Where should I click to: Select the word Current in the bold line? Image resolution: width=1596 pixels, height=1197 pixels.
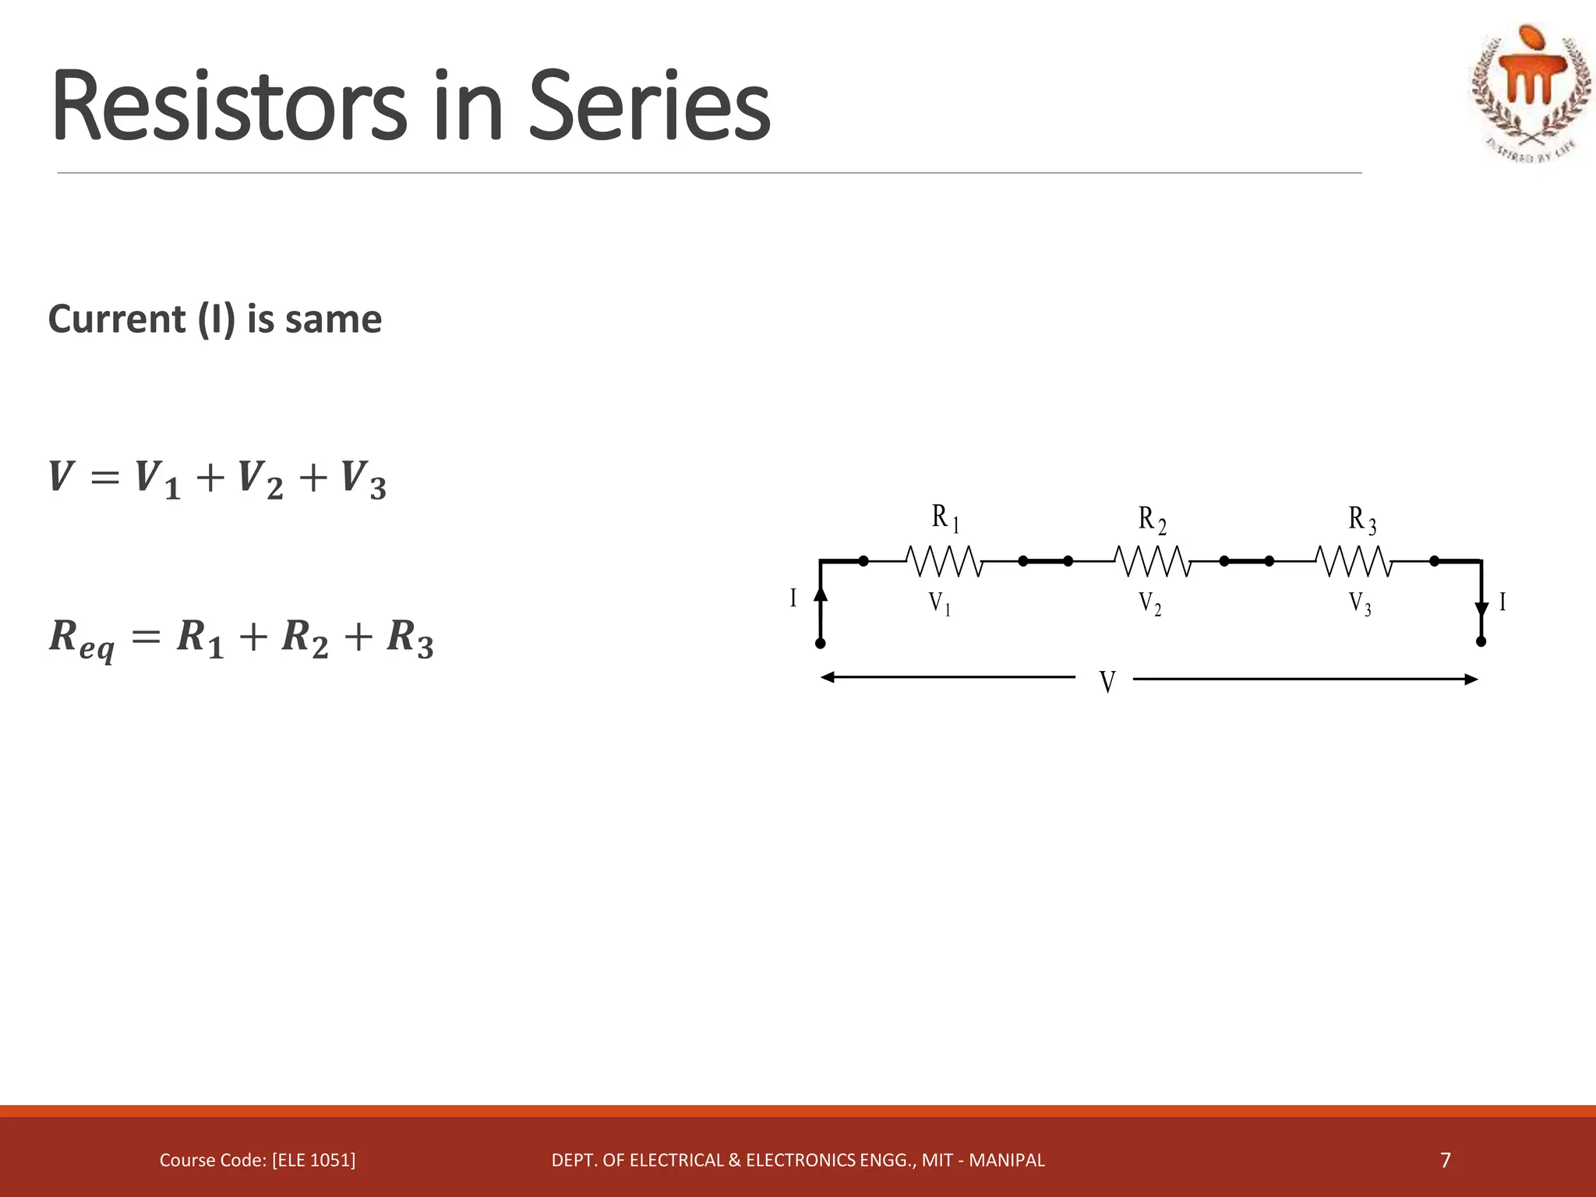coord(116,320)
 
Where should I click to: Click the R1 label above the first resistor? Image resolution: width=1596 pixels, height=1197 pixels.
coord(945,518)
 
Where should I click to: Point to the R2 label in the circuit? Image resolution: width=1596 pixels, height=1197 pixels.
coord(1152,520)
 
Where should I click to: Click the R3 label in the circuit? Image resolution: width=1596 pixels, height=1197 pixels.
coord(1362,520)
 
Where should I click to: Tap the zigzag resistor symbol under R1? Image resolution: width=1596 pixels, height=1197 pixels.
coord(944,561)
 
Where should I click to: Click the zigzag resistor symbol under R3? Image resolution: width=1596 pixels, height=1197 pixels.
coord(1354,561)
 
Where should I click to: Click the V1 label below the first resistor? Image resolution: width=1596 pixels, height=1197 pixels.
coord(939,604)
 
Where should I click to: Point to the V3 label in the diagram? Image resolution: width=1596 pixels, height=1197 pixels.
coord(1360,604)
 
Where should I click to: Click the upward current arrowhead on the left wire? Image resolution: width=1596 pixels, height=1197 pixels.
coord(820,594)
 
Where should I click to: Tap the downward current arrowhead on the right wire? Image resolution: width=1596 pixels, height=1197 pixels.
coord(1481,609)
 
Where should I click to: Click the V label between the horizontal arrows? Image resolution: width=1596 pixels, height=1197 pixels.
coord(1107,683)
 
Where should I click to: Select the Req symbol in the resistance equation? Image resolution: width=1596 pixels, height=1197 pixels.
coord(81,639)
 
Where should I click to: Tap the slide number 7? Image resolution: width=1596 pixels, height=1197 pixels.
coord(1446,1160)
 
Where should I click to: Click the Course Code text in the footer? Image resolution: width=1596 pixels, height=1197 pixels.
coord(257,1160)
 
